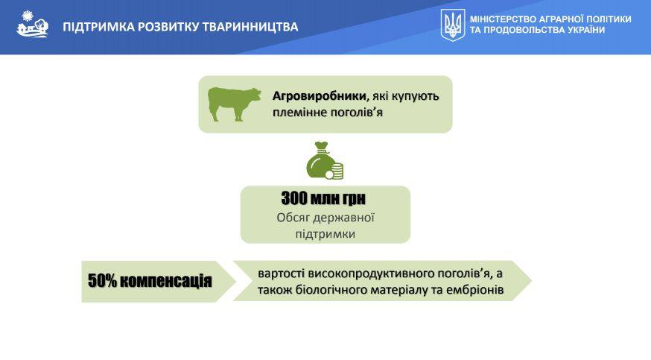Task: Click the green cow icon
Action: pos(235,104)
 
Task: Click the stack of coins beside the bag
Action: pos(334,171)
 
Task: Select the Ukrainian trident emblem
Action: pos(453,25)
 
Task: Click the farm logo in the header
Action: pos(32,24)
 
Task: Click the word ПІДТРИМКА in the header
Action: pos(98,27)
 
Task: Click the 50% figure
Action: pos(103,281)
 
